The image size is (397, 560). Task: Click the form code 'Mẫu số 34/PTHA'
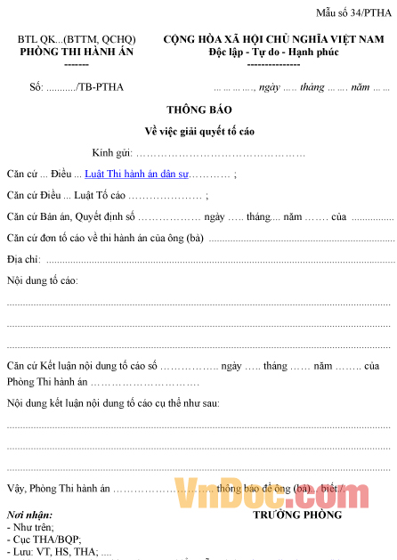(x=353, y=12)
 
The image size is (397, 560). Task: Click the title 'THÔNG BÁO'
(x=198, y=110)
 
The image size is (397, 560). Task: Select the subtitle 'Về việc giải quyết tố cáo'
(x=198, y=131)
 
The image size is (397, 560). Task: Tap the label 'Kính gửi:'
(x=110, y=152)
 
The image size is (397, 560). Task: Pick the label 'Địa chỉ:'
(x=24, y=259)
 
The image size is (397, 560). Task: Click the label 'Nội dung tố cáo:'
(x=42, y=280)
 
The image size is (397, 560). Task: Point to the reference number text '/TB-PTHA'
(x=101, y=87)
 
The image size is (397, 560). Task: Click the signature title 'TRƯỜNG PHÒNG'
(x=297, y=515)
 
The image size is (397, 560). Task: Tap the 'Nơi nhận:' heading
(x=29, y=515)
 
